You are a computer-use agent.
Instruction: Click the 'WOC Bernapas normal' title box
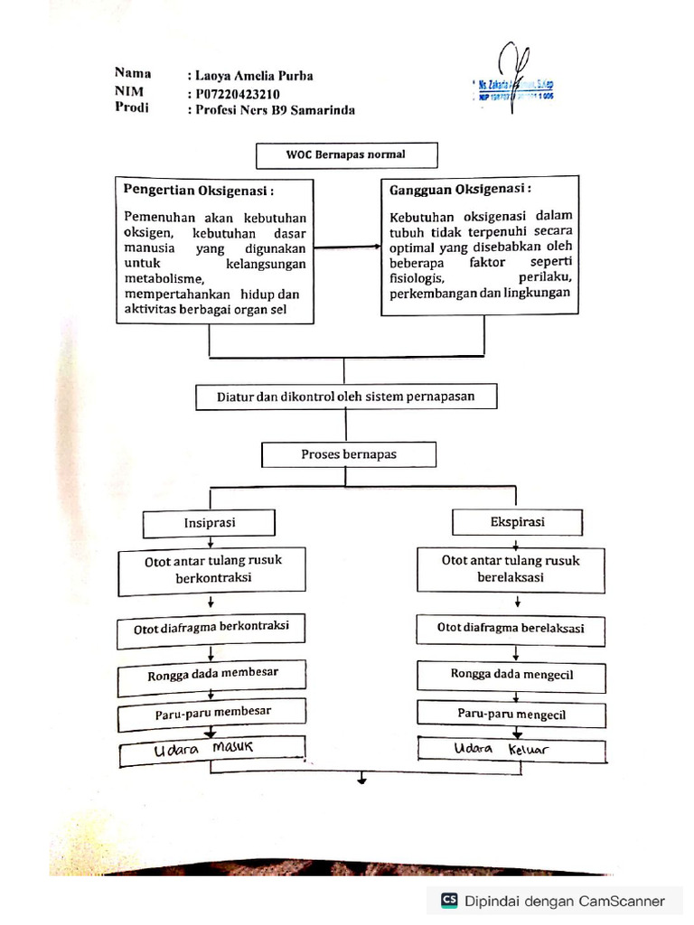click(x=346, y=154)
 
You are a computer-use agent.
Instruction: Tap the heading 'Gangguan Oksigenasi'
click(x=460, y=189)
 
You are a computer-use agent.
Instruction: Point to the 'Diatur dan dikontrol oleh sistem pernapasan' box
click(x=345, y=396)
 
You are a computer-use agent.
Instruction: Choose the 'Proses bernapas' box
click(x=349, y=454)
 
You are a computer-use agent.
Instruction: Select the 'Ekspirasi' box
click(x=516, y=521)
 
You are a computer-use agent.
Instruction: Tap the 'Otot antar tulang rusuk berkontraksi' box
click(x=213, y=569)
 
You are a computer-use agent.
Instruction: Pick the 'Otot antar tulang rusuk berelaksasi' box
click(x=511, y=568)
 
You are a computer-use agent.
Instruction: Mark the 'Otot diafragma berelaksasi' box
click(x=510, y=628)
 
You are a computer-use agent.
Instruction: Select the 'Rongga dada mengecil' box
click(x=511, y=674)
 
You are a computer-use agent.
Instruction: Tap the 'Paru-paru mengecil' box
click(x=511, y=714)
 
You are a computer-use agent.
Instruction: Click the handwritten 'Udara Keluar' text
click(x=502, y=750)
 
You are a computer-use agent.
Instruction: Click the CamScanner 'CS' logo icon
click(x=449, y=900)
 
